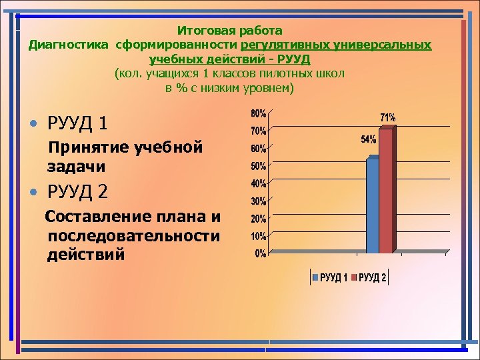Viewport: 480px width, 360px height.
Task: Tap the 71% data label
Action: (x=387, y=117)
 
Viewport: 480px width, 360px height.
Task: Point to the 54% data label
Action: (x=368, y=139)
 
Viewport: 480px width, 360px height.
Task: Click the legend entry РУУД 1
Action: (x=330, y=277)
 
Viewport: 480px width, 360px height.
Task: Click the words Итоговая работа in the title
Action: (x=230, y=31)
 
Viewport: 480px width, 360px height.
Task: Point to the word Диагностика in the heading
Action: (x=69, y=45)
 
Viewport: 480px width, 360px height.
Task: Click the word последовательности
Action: (x=133, y=236)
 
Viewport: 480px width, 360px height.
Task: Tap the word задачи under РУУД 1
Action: (x=76, y=166)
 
